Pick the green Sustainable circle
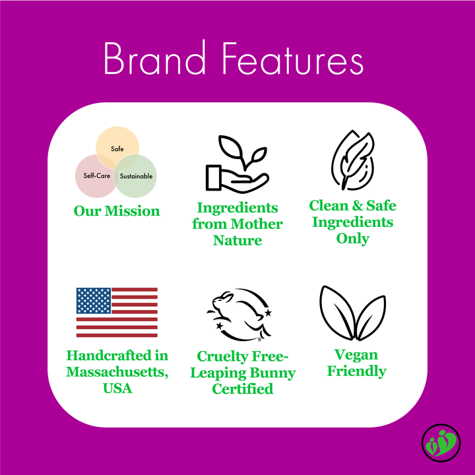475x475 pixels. [x=137, y=177]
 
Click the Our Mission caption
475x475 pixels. [x=116, y=211]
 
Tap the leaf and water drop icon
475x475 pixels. [x=352, y=162]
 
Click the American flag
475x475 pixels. [x=117, y=312]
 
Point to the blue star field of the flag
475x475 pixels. [x=93, y=300]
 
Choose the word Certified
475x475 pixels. [x=242, y=389]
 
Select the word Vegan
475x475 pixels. [x=356, y=355]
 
